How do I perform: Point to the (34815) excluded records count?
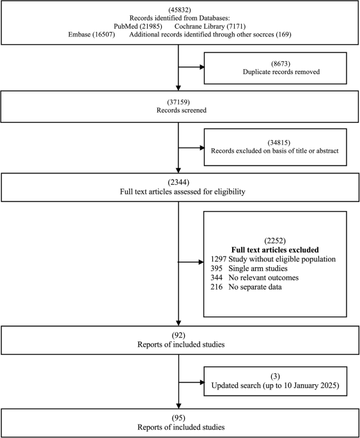275,141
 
